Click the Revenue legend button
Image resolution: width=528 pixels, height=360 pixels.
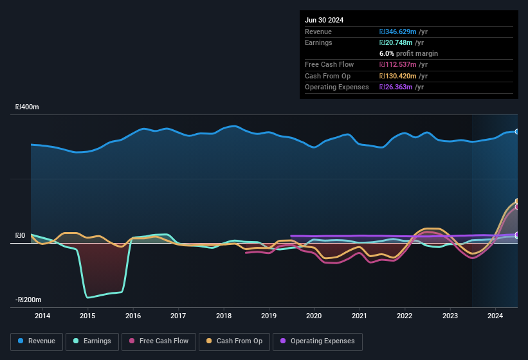pos(37,341)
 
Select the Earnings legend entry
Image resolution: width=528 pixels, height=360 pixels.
pos(92,341)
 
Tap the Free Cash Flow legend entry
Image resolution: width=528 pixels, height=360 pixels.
pos(159,341)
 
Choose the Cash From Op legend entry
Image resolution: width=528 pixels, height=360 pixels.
pos(235,341)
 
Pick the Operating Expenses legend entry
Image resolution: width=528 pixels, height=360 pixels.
pos(318,341)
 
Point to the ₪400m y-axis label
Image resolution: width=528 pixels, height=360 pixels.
pos(27,107)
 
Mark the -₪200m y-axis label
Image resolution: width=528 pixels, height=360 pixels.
pos(28,300)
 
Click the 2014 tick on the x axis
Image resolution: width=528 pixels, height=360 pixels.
pos(42,316)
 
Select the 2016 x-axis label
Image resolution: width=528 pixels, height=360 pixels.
pos(133,316)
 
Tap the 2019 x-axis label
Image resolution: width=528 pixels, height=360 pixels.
pos(269,316)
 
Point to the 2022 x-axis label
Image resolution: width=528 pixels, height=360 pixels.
pos(405,316)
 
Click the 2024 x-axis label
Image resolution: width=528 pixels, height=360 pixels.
pos(495,316)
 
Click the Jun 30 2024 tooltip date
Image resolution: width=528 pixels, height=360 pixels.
pos(324,20)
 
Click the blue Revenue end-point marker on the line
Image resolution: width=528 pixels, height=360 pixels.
pos(517,132)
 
